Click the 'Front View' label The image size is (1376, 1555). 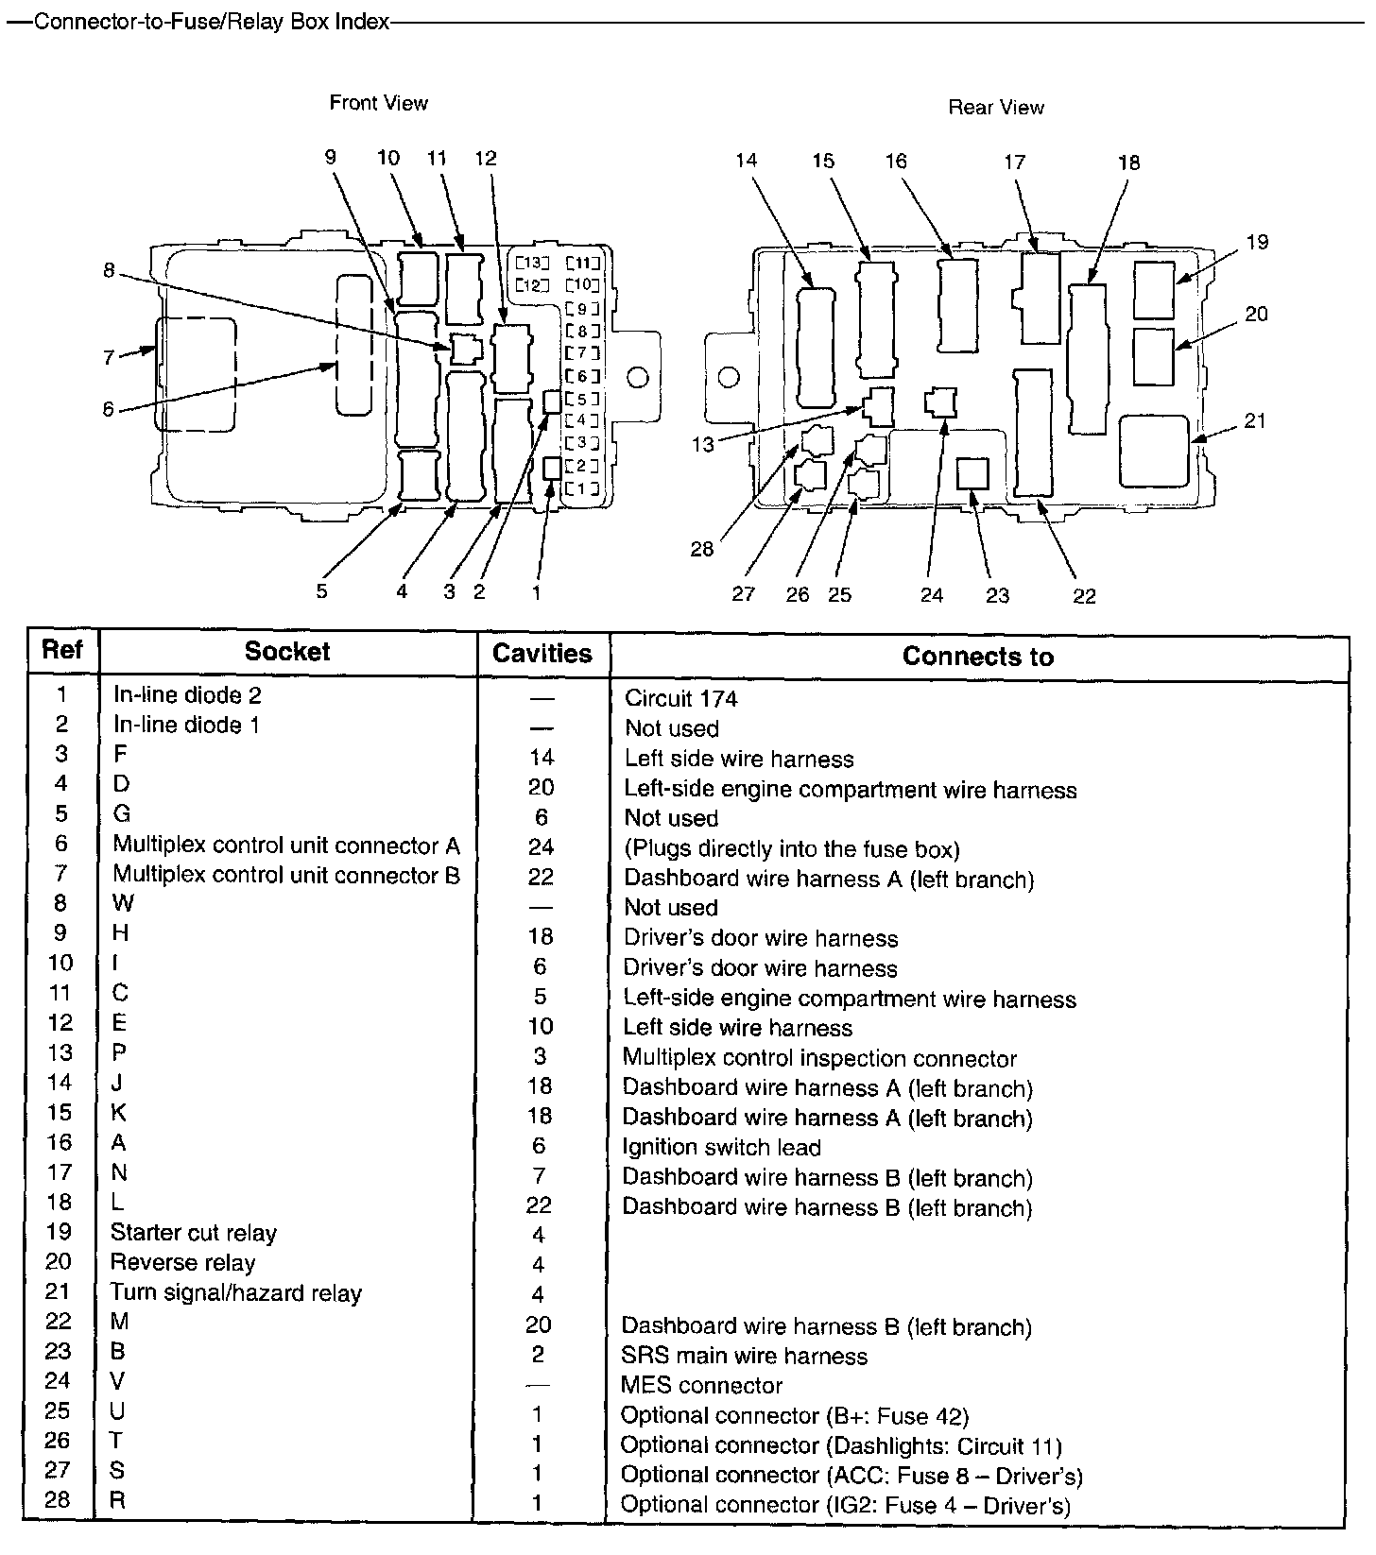pos(378,103)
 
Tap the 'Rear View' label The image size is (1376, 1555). pos(996,108)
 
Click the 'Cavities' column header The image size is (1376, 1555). pos(542,654)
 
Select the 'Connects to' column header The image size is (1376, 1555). pos(977,657)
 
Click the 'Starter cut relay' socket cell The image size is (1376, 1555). pos(194,1233)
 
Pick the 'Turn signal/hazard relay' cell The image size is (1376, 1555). pos(236,1292)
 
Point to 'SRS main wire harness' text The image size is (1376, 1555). pos(744,1356)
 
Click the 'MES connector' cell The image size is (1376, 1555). pos(701,1386)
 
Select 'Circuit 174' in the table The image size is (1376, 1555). pos(680,699)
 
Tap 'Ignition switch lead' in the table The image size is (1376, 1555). pos(721,1147)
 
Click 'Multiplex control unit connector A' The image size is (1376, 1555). pos(286,845)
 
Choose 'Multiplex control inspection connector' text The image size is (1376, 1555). pos(819,1058)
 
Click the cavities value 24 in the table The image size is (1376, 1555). pos(541,847)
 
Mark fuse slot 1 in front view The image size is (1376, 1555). pos(583,488)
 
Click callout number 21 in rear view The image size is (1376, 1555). pos(1255,421)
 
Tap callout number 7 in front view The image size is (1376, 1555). pos(109,358)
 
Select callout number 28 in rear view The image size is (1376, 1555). pos(701,549)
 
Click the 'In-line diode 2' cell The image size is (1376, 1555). pos(187,695)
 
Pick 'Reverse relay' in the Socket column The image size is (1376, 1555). pos(182,1263)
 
